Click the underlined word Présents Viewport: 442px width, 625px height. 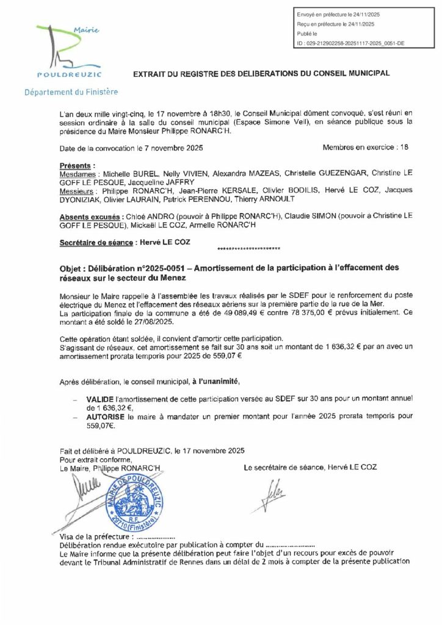point(77,165)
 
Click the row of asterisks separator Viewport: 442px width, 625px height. point(248,248)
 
